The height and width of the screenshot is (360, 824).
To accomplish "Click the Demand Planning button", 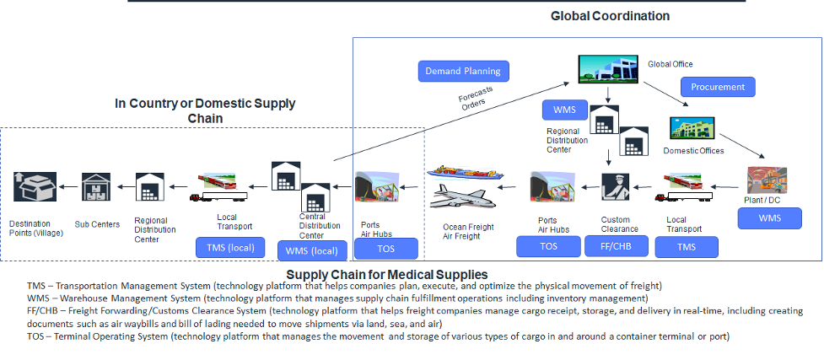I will point(462,71).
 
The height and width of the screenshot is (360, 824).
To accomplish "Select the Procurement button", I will point(718,86).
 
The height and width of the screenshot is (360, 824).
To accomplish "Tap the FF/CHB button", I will point(617,246).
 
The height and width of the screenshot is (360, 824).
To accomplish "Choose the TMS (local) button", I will point(230,247).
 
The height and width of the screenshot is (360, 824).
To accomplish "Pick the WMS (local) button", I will point(311,250).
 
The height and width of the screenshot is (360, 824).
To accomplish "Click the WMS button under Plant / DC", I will point(769,218).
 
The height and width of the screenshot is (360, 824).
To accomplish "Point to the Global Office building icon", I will point(606,68).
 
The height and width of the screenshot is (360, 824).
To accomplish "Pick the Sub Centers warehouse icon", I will point(95,186).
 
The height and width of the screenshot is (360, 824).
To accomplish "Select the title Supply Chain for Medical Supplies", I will point(386,274).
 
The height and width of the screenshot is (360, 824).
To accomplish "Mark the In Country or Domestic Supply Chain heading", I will point(205,110).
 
